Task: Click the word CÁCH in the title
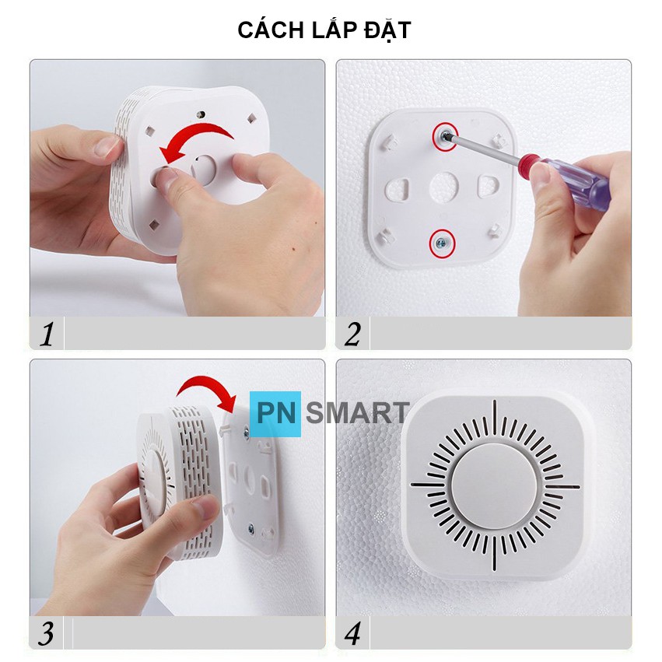[271, 30]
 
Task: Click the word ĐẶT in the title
[387, 30]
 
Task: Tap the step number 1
[47, 335]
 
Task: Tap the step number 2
[352, 335]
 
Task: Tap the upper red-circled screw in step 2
[444, 136]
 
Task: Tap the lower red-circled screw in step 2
[442, 243]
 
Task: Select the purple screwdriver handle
[570, 177]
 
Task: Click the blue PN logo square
[275, 414]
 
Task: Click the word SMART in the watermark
[357, 413]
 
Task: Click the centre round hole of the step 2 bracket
[444, 187]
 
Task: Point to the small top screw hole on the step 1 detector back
[201, 114]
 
